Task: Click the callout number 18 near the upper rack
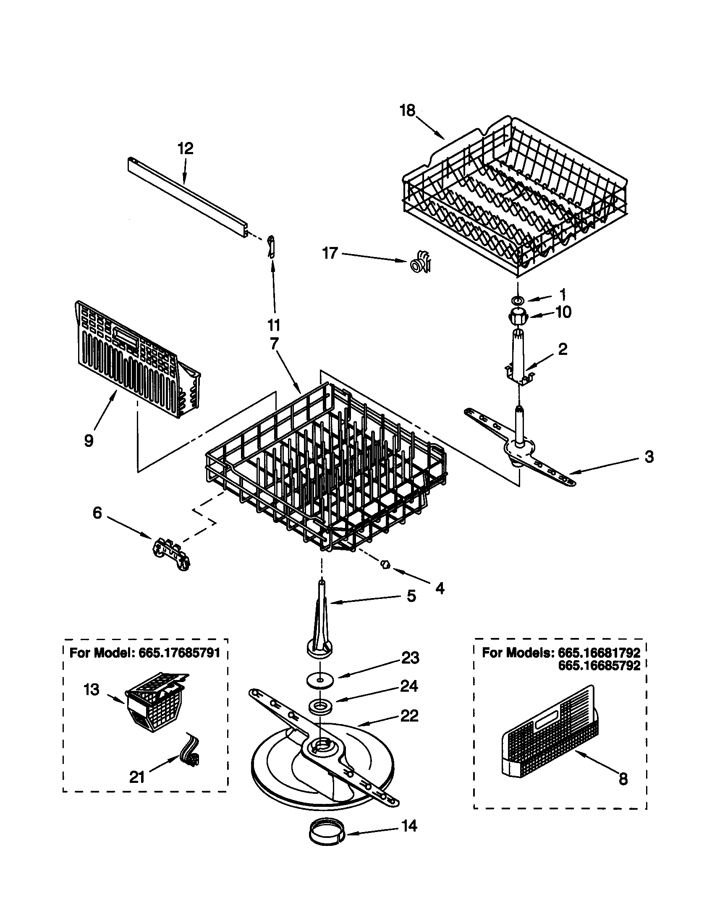[x=408, y=111]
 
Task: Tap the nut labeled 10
[x=518, y=315]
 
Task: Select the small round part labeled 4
[x=385, y=564]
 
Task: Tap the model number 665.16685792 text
[x=599, y=666]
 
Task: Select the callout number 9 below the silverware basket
[x=88, y=441]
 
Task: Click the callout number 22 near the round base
[x=408, y=715]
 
